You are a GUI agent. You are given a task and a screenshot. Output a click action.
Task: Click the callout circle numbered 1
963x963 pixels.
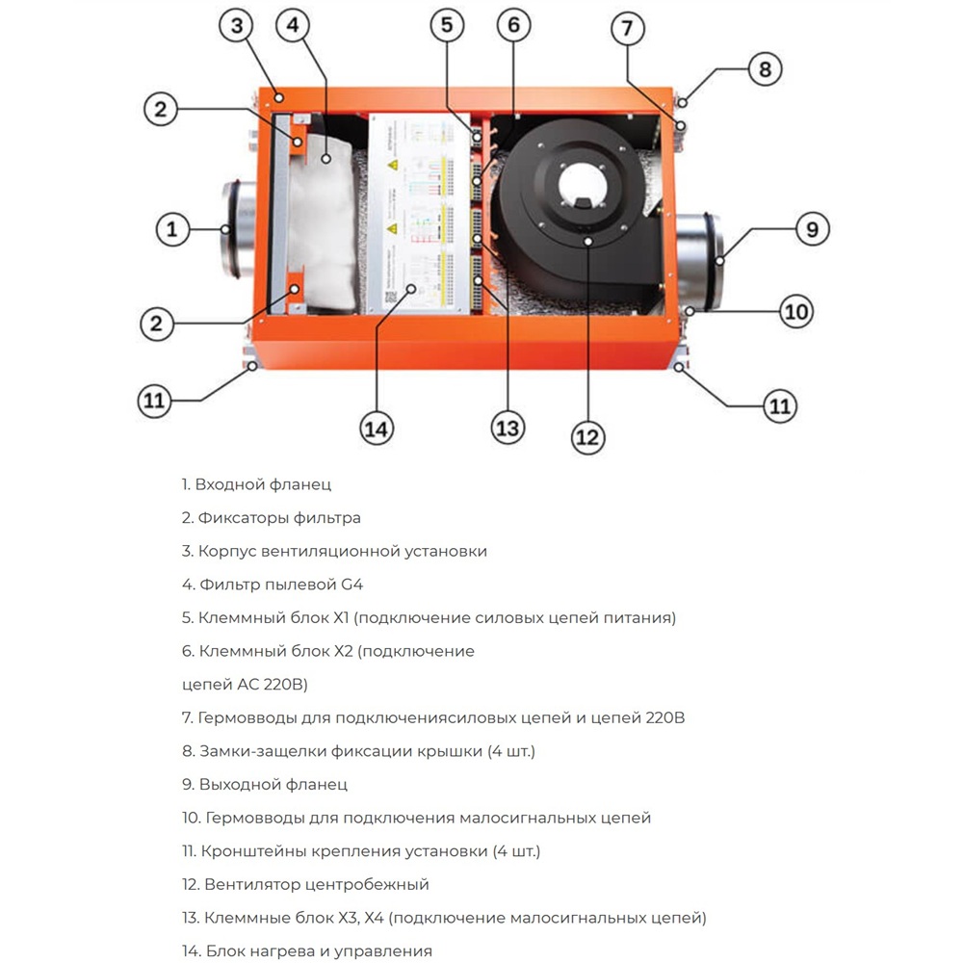coord(172,229)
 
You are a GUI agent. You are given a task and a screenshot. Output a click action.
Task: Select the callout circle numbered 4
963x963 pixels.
coord(293,27)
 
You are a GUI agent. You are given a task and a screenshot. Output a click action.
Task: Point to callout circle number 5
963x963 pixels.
coord(446,26)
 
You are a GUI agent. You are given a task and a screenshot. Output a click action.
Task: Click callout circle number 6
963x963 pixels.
coord(513,26)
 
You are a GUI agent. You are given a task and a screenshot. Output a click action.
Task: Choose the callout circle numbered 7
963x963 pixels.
coord(627,29)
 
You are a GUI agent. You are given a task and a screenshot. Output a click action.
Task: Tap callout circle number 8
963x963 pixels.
coord(765,69)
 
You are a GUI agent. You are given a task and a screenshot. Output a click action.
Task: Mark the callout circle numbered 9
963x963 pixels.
coord(812,229)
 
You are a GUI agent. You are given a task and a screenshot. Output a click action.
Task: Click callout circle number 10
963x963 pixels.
coord(795,311)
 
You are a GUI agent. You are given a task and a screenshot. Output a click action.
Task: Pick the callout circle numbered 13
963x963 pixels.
coord(508,428)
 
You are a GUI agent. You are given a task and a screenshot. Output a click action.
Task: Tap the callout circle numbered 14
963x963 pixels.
coord(378,428)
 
